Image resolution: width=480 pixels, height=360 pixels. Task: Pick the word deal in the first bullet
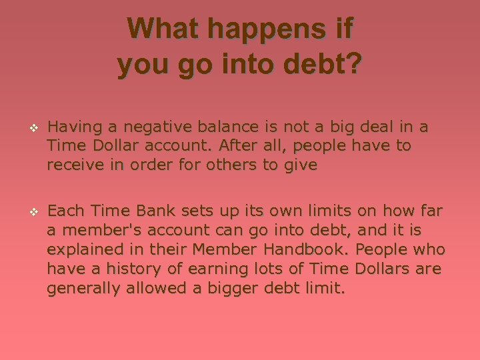[x=379, y=127]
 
